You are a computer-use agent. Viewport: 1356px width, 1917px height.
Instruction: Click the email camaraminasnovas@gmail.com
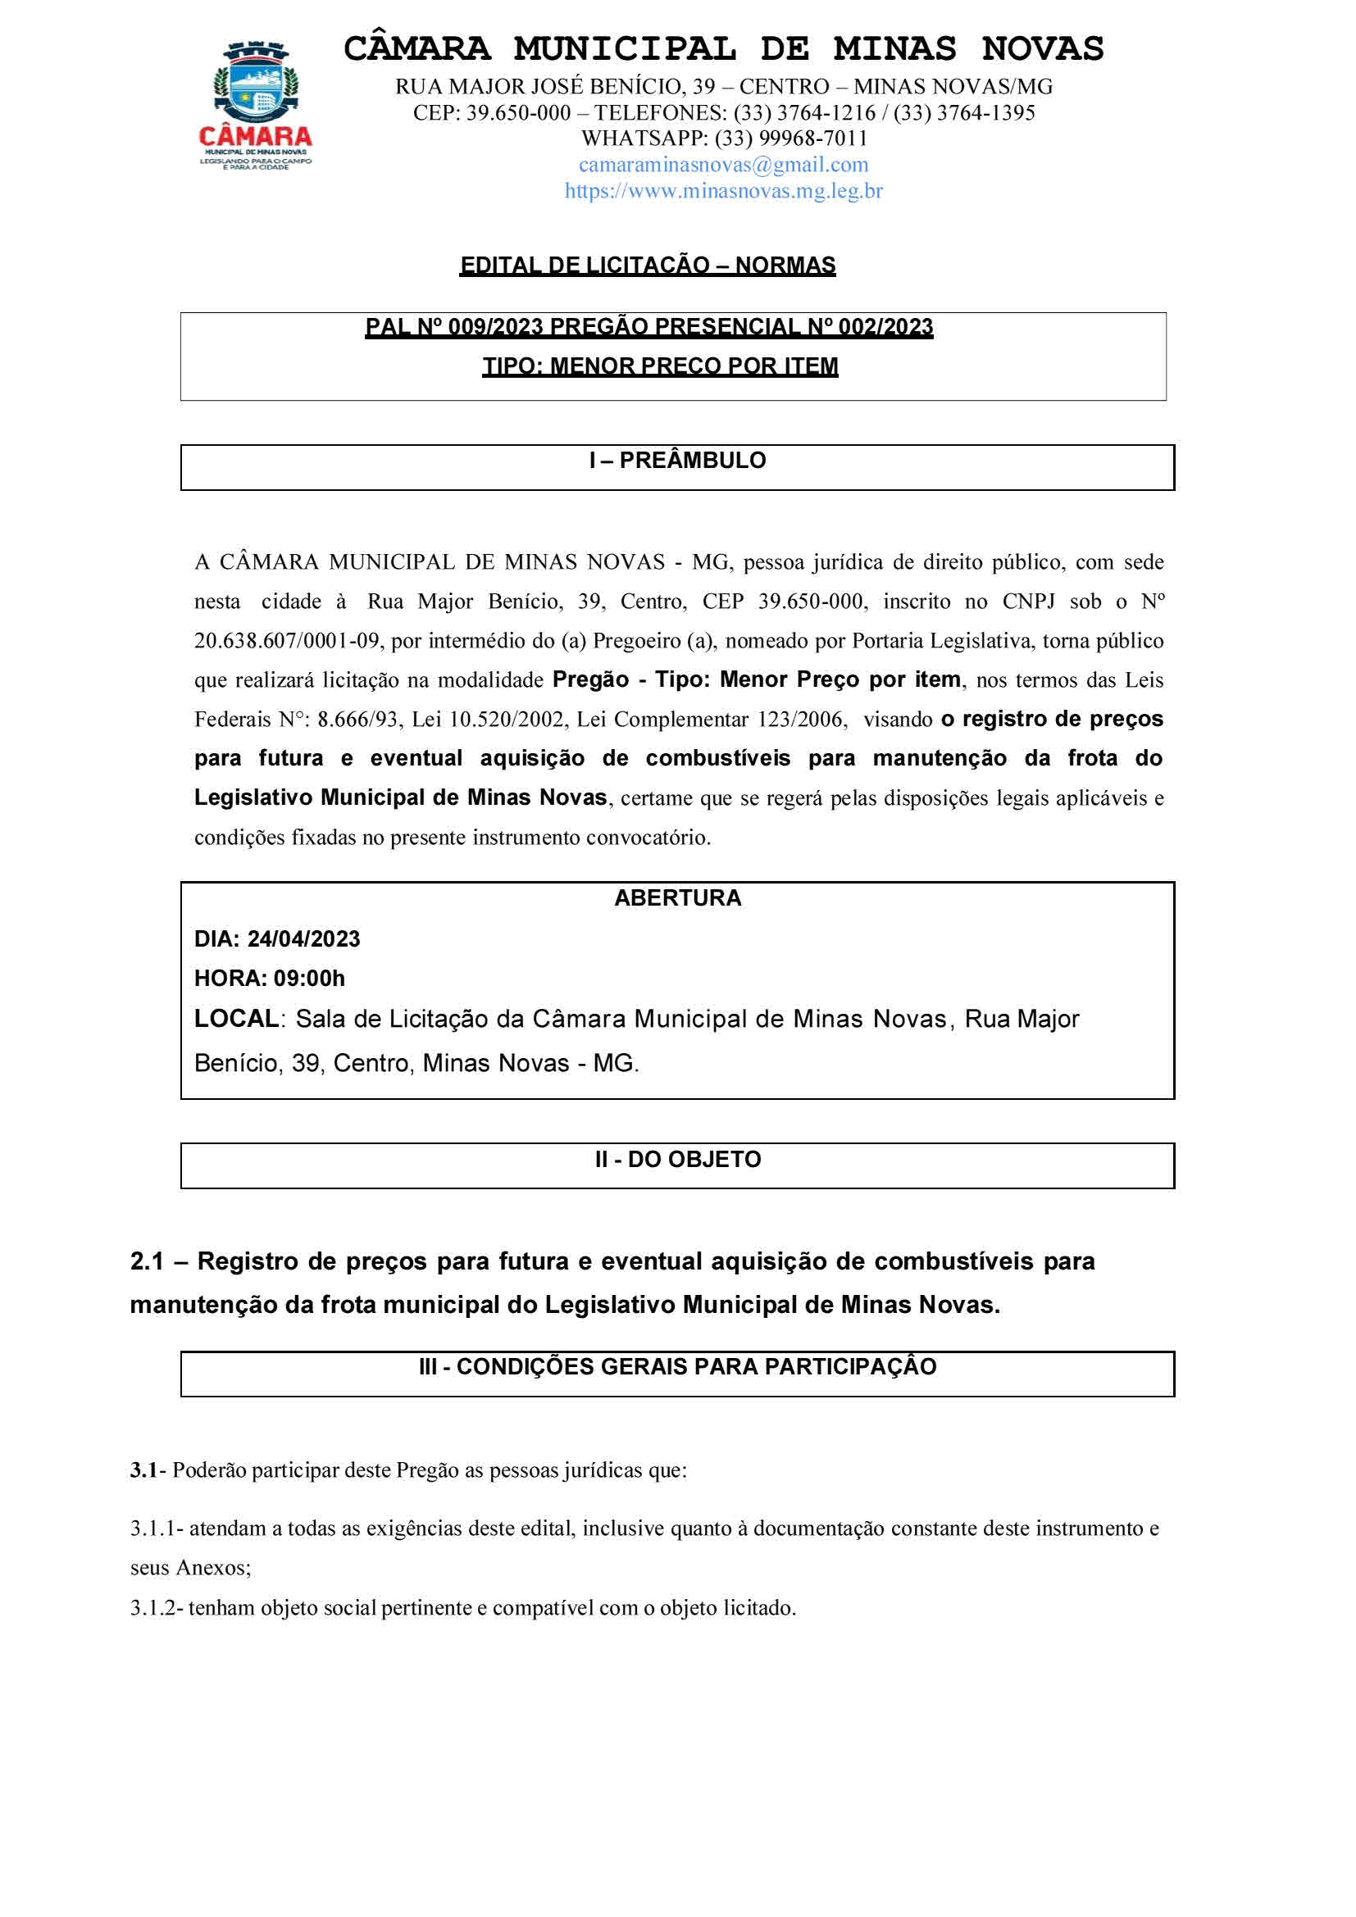click(x=723, y=165)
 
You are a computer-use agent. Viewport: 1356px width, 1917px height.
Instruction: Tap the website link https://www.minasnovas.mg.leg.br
click(x=723, y=191)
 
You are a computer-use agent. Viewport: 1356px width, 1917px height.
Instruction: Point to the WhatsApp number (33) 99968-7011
click(x=789, y=139)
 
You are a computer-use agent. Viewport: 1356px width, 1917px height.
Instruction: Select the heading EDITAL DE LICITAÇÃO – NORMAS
click(x=647, y=266)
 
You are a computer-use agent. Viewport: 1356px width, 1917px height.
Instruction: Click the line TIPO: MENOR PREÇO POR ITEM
click(x=660, y=366)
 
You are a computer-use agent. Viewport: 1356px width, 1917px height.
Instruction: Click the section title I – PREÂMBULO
click(x=677, y=461)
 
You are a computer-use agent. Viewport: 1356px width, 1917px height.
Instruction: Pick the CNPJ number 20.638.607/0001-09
click(x=287, y=641)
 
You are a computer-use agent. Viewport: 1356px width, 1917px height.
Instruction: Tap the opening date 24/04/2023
click(x=303, y=939)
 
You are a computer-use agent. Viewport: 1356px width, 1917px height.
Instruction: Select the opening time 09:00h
click(x=308, y=979)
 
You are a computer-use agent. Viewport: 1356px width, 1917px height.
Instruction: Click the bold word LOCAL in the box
click(x=235, y=1020)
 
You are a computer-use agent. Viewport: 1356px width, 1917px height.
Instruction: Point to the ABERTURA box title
click(x=677, y=898)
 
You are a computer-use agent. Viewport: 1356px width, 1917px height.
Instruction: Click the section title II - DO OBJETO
click(x=677, y=1160)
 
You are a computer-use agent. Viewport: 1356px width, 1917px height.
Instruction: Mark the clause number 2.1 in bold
click(x=146, y=1261)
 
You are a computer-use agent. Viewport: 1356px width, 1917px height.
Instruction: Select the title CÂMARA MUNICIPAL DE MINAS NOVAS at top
click(x=723, y=48)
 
